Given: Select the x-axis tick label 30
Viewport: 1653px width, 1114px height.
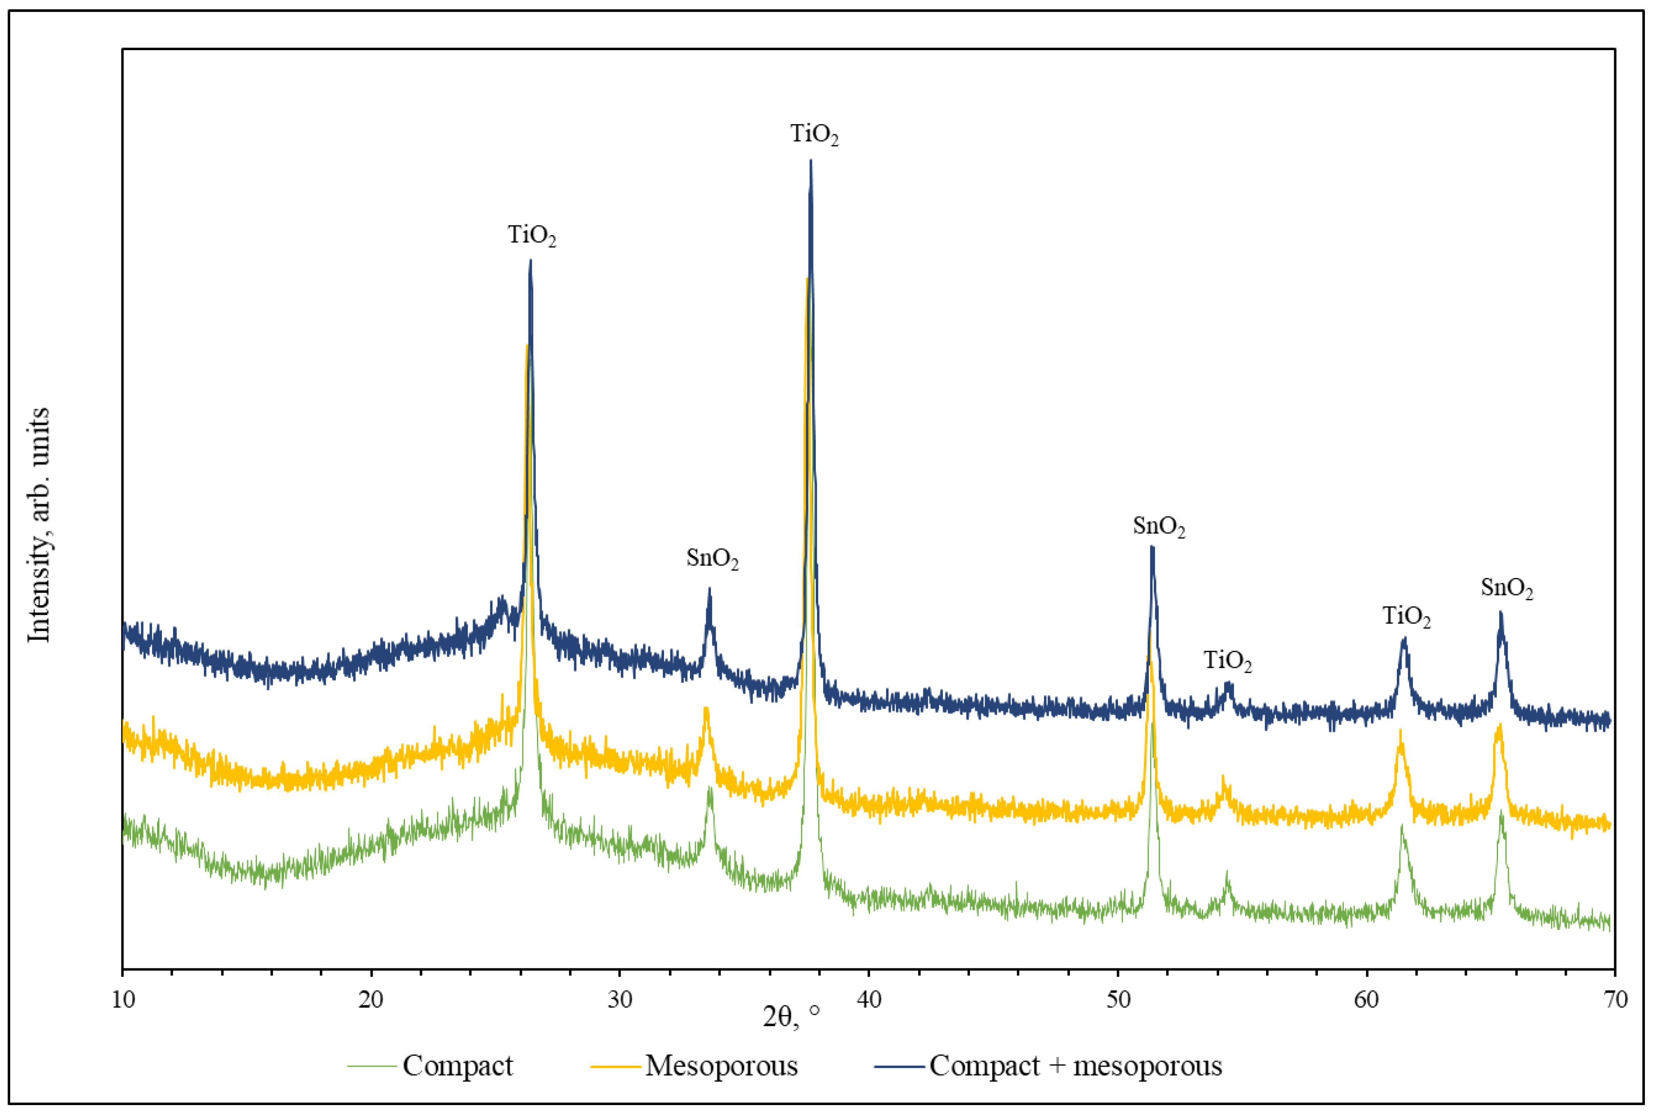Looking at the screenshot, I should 619,1000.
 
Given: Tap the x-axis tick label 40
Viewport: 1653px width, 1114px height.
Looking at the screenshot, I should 868,1000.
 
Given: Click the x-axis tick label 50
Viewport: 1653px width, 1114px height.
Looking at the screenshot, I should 1118,1000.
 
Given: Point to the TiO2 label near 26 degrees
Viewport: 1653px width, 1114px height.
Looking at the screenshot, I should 532,235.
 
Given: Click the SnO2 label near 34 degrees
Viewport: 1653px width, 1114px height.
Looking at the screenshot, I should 712,559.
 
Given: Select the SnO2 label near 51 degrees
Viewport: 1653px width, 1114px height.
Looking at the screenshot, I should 1159,527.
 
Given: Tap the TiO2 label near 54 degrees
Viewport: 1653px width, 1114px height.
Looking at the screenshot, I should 1227,661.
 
